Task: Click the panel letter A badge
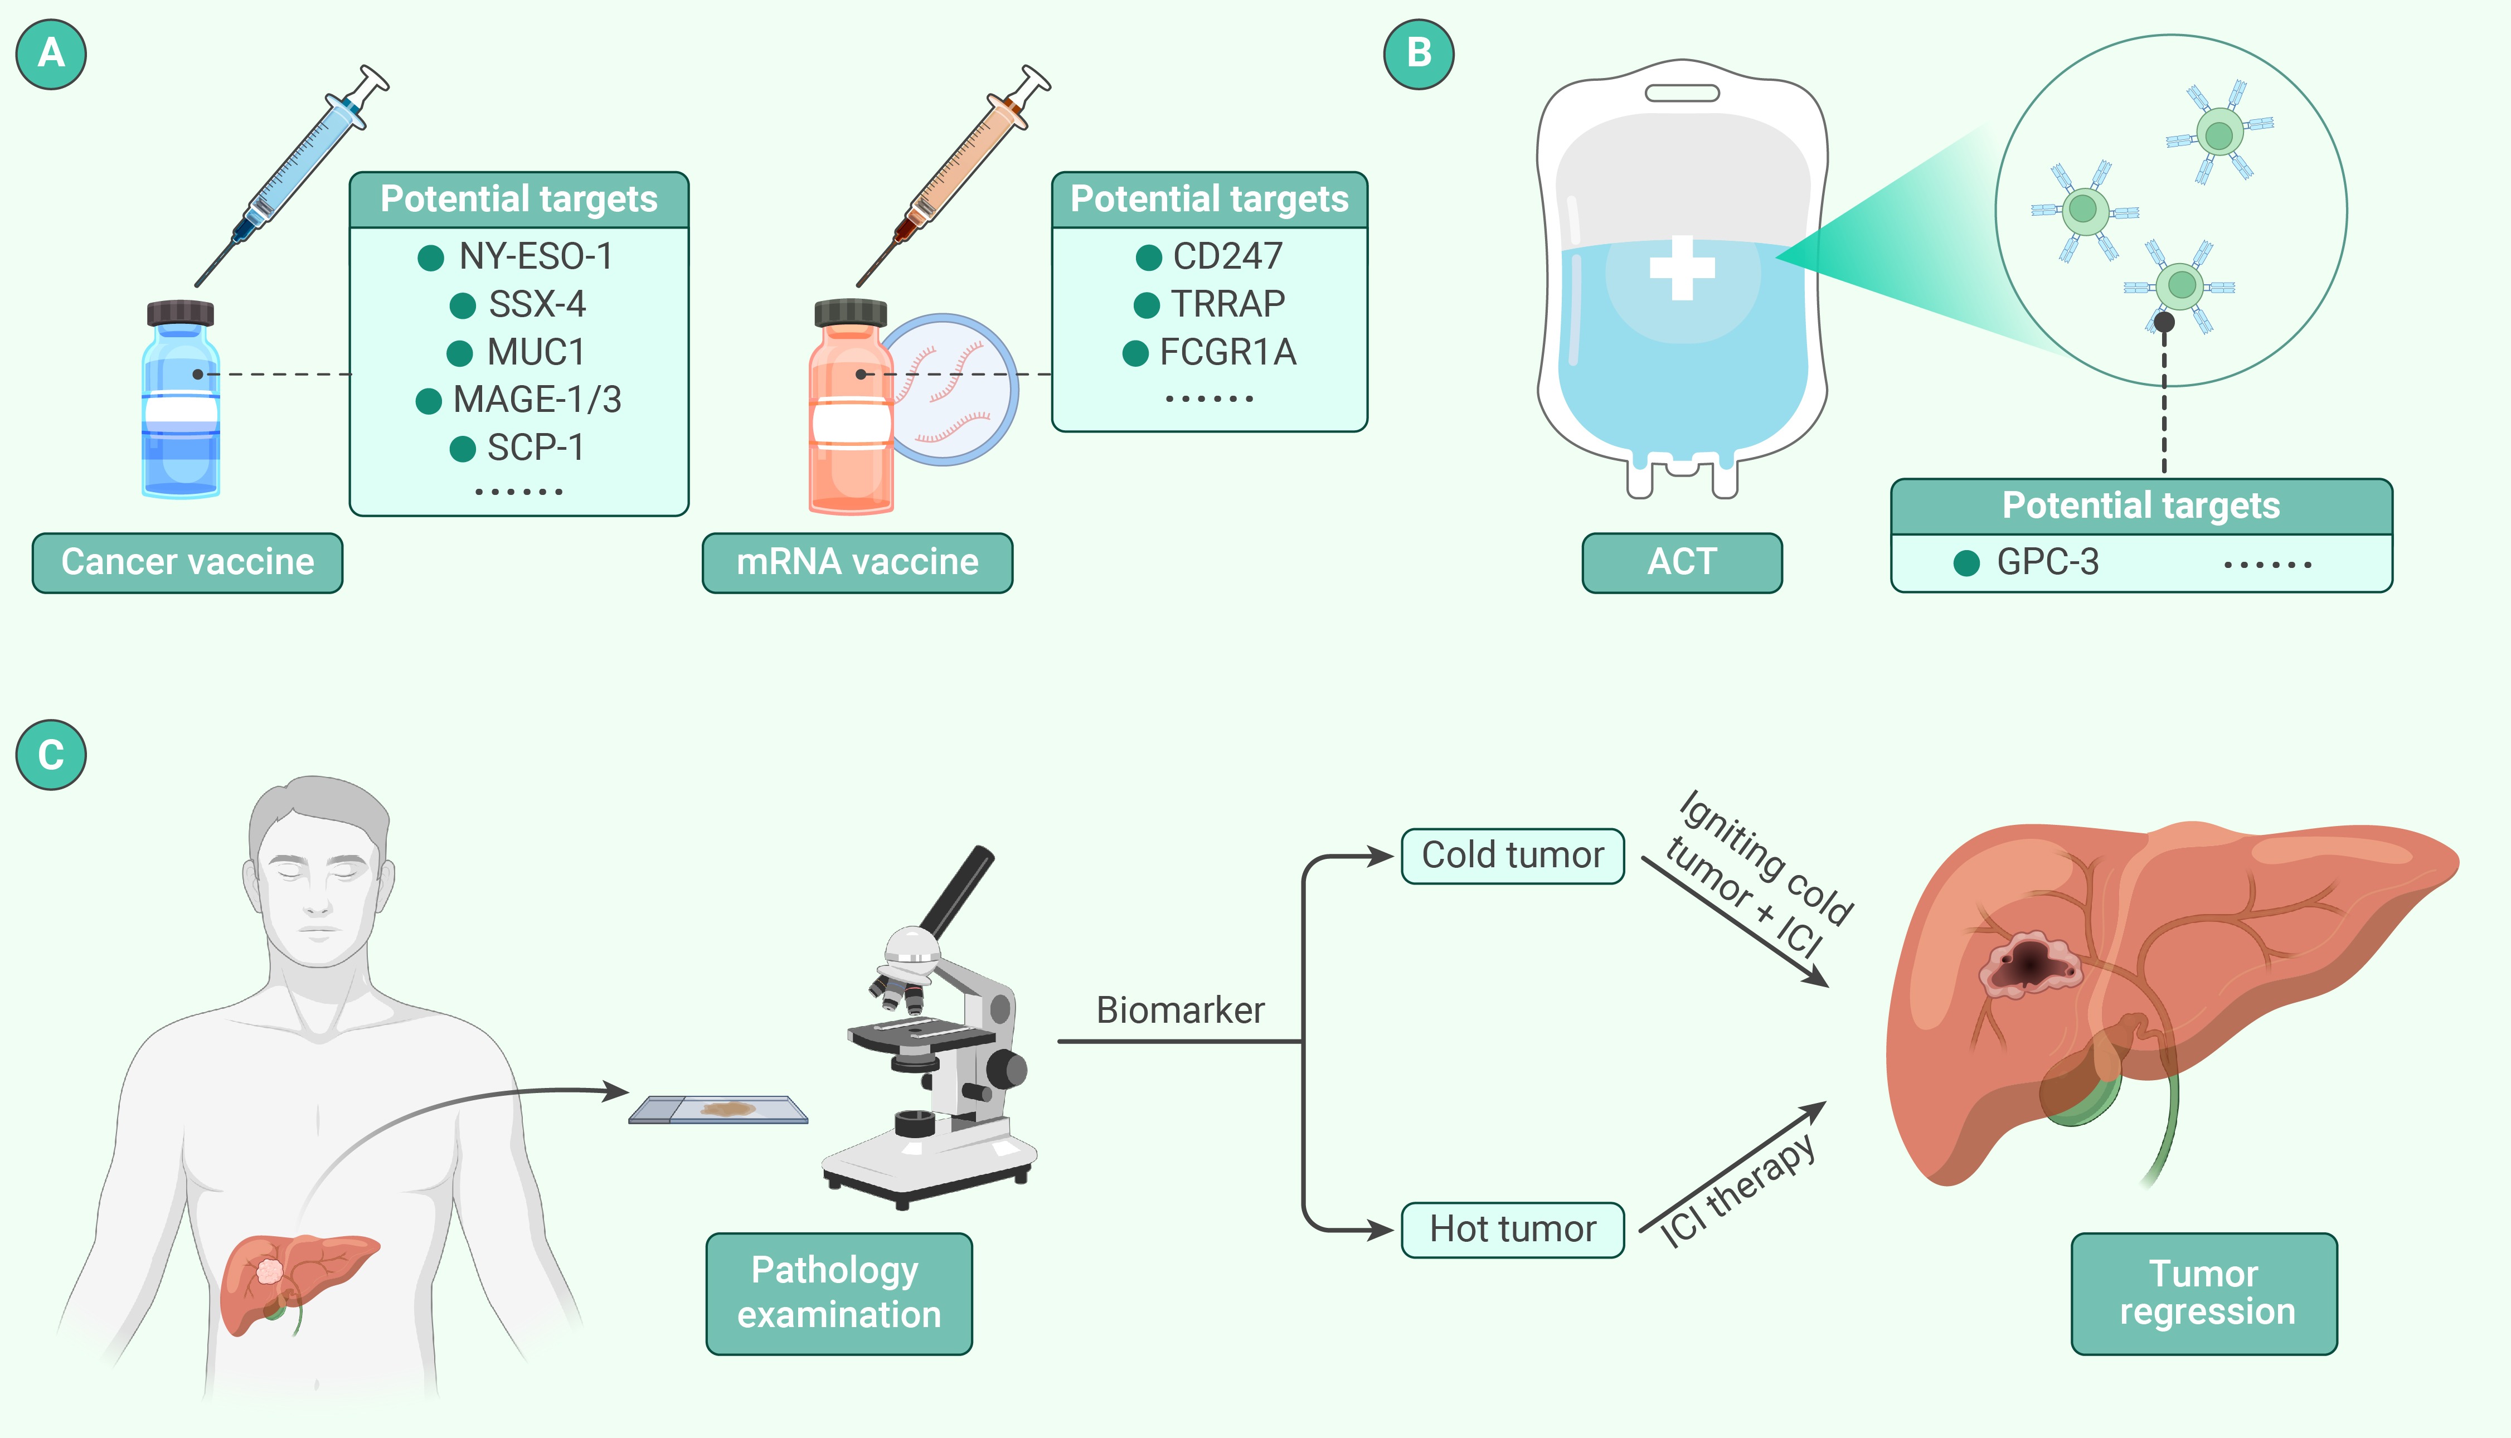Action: tap(51, 54)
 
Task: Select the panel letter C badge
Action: tap(51, 756)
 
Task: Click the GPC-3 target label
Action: tap(2047, 562)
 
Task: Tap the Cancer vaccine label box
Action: tap(188, 562)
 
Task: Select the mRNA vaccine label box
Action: tap(857, 562)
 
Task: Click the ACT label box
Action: tap(1682, 562)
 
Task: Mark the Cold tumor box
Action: tap(1512, 856)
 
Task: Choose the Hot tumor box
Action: tap(1512, 1230)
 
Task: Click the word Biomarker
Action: tap(1180, 1011)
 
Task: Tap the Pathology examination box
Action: tap(838, 1293)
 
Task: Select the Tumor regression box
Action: tap(2204, 1293)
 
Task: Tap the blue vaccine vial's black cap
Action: tap(181, 313)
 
